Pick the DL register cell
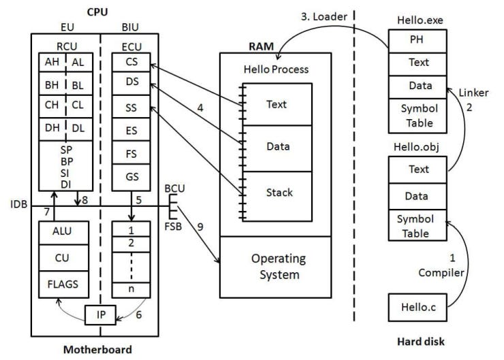78,127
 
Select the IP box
99,316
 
